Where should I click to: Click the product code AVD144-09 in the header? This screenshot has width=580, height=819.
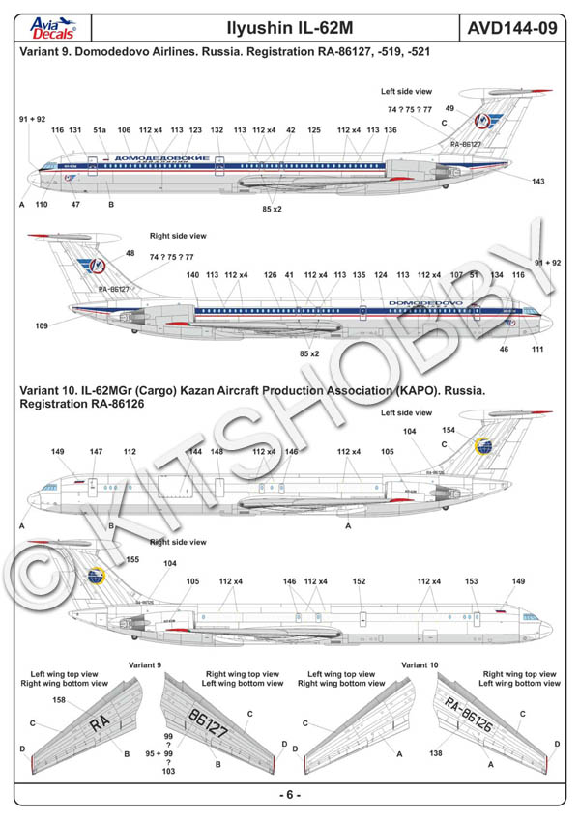click(512, 29)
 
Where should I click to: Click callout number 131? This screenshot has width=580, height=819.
click(75, 129)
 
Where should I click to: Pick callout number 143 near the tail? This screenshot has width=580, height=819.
click(538, 181)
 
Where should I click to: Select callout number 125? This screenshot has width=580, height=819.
click(314, 129)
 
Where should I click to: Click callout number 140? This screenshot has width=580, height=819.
click(192, 275)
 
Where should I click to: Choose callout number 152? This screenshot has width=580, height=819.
click(360, 582)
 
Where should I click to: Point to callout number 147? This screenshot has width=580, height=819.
click(96, 452)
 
